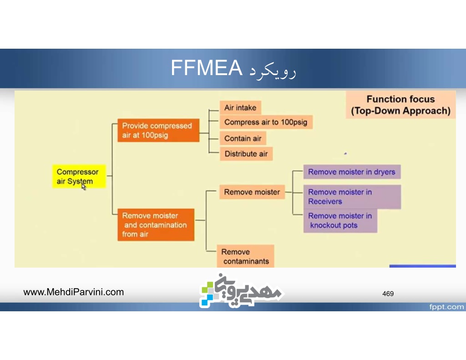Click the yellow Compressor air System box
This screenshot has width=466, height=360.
pyautogui.click(x=79, y=176)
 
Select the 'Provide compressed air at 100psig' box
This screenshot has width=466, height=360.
pyautogui.click(x=158, y=130)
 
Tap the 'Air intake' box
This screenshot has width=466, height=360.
pyautogui.click(x=240, y=107)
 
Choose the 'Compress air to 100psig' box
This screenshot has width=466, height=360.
pyautogui.click(x=266, y=122)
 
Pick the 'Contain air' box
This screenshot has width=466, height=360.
pyautogui.click(x=243, y=138)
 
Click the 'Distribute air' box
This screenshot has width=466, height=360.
pyautogui.click(x=246, y=154)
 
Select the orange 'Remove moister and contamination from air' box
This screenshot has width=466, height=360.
pyautogui.click(x=156, y=225)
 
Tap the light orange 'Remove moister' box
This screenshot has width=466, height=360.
pyautogui.click(x=252, y=192)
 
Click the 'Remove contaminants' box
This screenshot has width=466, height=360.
pyautogui.click(x=245, y=256)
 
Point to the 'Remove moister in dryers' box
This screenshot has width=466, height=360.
pyautogui.click(x=352, y=172)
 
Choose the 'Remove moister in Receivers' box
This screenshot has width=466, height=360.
pyautogui.click(x=352, y=197)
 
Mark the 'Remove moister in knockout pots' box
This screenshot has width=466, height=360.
pyautogui.click(x=340, y=221)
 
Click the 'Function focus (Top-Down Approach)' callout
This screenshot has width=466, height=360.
pyautogui.click(x=400, y=105)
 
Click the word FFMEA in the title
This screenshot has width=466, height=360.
pyautogui.click(x=207, y=68)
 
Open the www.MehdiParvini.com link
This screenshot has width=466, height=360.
pyautogui.click(x=74, y=292)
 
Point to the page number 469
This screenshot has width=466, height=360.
pyautogui.click(x=388, y=294)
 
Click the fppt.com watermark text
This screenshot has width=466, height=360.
pyautogui.click(x=446, y=307)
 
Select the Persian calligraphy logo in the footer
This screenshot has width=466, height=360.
pyautogui.click(x=241, y=290)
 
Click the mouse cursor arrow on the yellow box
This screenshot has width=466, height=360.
pyautogui.click(x=84, y=187)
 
